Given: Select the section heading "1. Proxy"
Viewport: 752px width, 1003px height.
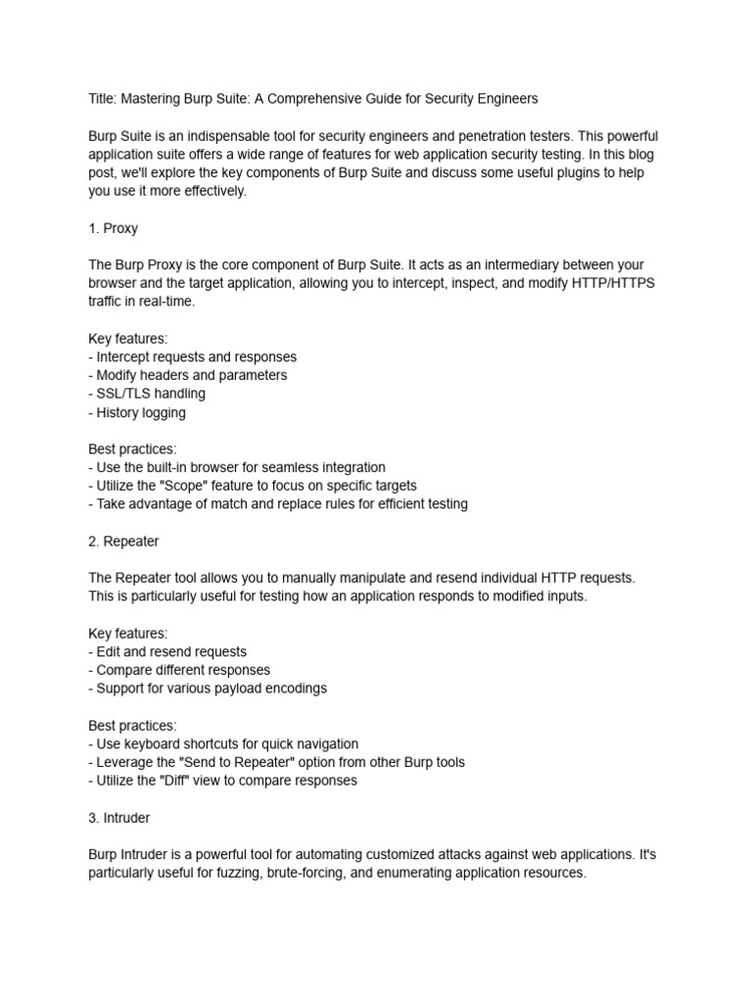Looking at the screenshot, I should (113, 228).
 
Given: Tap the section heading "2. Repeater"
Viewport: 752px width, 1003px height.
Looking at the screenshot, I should (123, 541).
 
